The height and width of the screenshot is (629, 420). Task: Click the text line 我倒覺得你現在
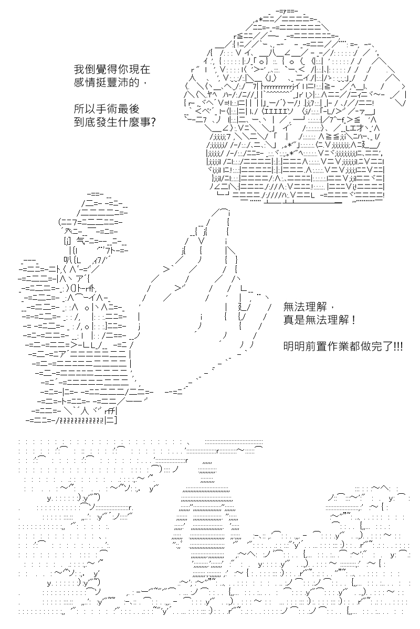tap(112, 69)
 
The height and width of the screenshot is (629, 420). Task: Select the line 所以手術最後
tap(107, 109)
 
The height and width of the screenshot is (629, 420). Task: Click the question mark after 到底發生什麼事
tap(153, 122)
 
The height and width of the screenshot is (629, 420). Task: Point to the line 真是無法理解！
tap(319, 320)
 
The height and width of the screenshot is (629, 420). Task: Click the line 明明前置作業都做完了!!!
tap(343, 347)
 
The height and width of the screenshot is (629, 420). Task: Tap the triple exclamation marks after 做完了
tap(398, 347)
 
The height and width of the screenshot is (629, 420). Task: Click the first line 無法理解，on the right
tap(308, 307)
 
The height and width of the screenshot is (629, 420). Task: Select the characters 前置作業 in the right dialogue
tap(328, 347)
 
